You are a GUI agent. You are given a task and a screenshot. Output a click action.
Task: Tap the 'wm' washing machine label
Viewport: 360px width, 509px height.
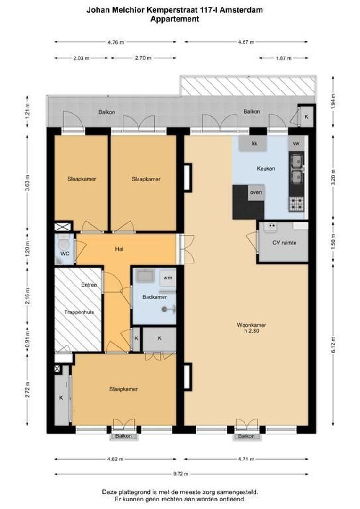point(167,278)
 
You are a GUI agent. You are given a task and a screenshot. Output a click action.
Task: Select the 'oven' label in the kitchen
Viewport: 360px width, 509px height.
point(256,192)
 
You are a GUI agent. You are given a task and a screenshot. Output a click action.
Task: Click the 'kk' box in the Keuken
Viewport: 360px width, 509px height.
point(254,143)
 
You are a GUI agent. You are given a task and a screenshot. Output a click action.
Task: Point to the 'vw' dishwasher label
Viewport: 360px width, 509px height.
point(296,143)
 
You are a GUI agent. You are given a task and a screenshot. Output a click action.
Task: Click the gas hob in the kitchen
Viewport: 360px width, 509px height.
point(296,204)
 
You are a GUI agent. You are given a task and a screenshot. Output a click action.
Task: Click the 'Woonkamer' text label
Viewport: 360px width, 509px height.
point(252,325)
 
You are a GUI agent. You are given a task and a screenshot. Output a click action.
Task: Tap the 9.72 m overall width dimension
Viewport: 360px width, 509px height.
point(181,474)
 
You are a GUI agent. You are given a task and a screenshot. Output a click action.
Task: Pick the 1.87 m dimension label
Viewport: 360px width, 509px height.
point(283,58)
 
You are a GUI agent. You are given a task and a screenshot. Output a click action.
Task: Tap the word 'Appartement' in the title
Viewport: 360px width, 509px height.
point(175,19)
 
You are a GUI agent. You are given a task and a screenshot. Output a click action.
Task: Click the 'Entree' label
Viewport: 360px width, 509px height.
point(89,285)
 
